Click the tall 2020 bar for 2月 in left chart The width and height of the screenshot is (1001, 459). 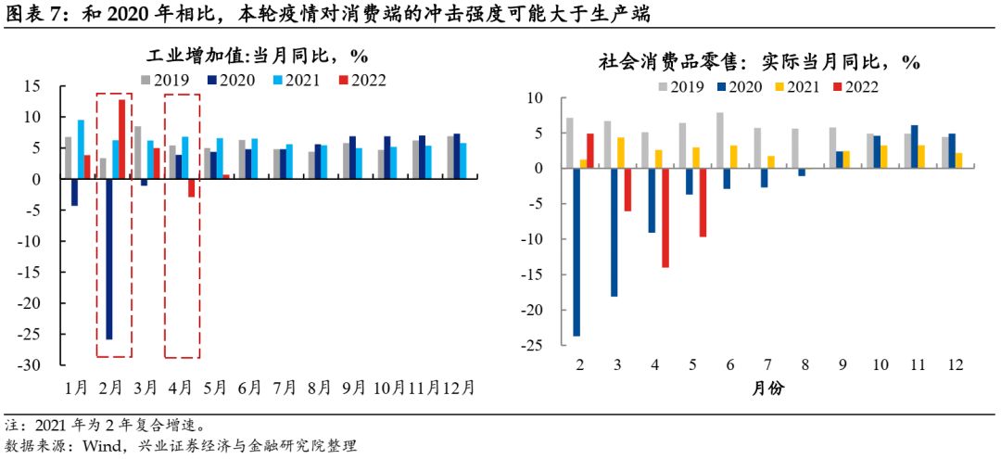click(108, 259)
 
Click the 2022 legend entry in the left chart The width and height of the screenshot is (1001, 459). click(358, 80)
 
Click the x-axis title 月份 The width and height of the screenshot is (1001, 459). click(767, 389)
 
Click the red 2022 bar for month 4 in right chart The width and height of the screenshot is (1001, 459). click(665, 217)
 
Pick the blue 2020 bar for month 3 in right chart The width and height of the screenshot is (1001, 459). click(614, 232)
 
